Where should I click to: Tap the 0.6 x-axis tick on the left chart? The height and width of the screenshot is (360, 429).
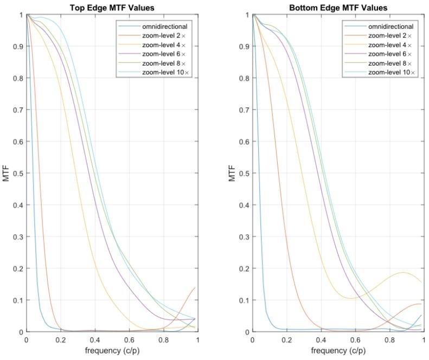tap(129, 340)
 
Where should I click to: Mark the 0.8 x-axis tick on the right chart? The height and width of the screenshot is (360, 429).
tap(389, 340)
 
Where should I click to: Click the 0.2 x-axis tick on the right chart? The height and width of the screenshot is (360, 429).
tap(287, 340)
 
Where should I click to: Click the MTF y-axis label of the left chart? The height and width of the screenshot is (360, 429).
tap(7, 173)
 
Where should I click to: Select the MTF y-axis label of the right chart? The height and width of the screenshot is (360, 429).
tap(233, 173)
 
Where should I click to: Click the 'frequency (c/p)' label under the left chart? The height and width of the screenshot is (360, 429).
tap(112, 351)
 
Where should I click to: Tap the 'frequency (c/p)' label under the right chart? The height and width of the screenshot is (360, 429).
tap(338, 351)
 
